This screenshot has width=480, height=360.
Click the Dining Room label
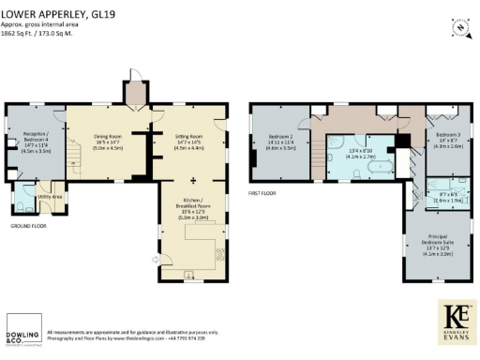pos(109,142)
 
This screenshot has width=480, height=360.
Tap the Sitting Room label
pos(189,142)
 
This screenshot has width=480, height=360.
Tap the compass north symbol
pos(457,26)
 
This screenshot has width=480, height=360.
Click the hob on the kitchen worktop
pos(221,251)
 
